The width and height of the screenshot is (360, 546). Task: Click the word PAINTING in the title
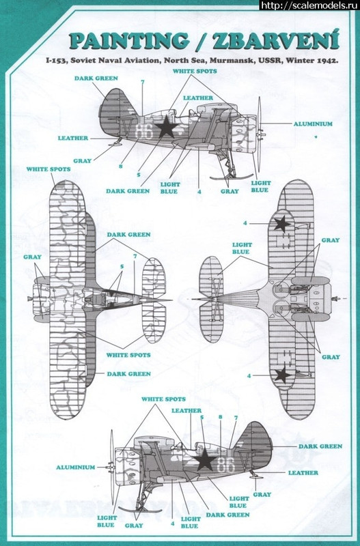click(129, 41)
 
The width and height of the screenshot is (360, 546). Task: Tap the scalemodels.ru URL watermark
click(309, 5)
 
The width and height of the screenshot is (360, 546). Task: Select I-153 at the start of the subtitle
click(57, 61)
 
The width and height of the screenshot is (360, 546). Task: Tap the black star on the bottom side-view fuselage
click(204, 459)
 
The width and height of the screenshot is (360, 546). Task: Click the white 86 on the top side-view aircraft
click(144, 131)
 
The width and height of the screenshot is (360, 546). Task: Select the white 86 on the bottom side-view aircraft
click(226, 465)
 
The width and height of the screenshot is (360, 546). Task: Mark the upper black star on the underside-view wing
click(282, 224)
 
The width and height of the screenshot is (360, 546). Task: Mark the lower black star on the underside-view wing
click(282, 375)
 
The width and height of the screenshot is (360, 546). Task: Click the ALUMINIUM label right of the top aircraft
click(313, 124)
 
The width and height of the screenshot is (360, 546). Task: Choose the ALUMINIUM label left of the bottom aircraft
click(76, 468)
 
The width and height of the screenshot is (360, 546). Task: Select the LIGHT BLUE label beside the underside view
click(242, 248)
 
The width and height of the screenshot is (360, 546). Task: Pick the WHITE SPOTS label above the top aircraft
click(195, 71)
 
